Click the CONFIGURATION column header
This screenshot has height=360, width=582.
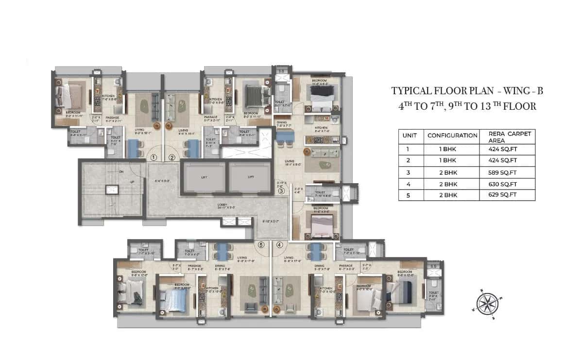pos(452,136)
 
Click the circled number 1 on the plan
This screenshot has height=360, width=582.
pos(154,157)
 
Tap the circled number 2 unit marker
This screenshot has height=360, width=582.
pos(172,157)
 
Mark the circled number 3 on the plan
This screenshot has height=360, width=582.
pos(281,191)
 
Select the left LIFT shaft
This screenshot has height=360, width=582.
pos(204,177)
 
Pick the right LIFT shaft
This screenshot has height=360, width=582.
pos(251,177)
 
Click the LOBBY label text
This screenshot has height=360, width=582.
pos(223,205)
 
